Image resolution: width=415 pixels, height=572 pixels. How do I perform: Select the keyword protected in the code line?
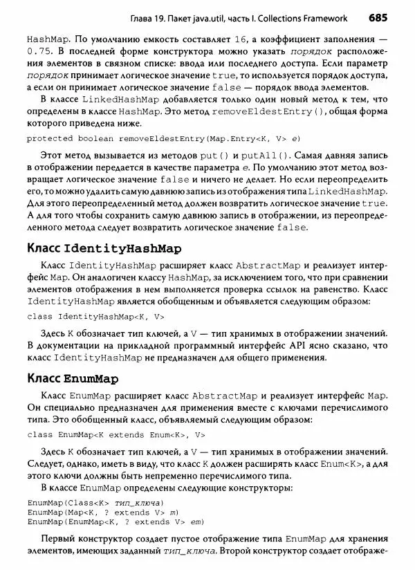click(x=49, y=138)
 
